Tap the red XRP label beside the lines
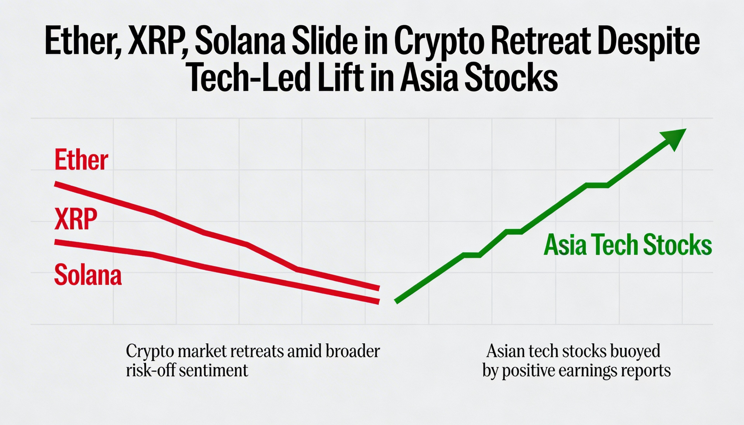76,219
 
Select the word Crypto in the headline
438,44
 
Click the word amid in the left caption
305,351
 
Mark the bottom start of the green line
396,302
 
